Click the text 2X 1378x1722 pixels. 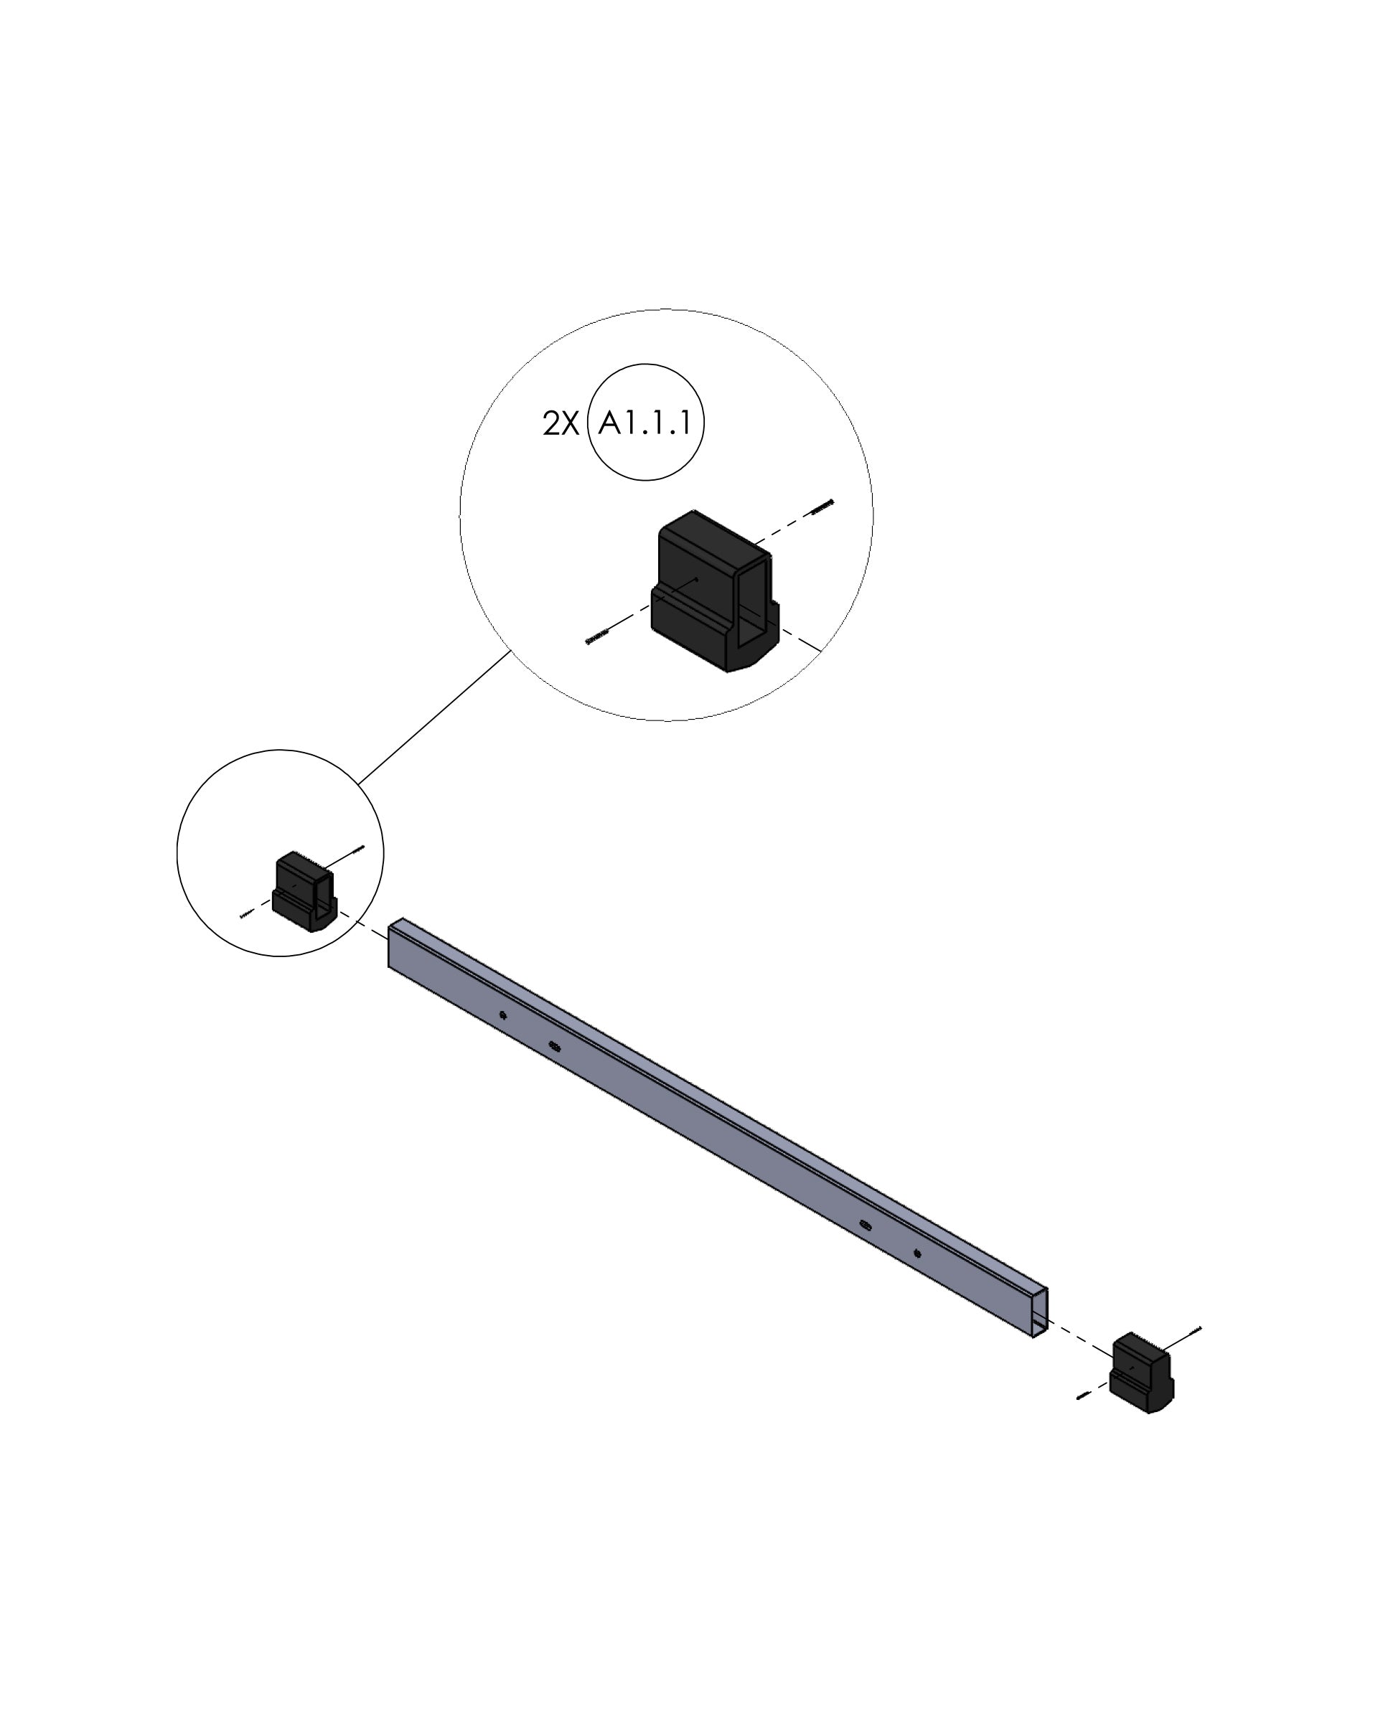[560, 424]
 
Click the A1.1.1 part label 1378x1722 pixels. [645, 423]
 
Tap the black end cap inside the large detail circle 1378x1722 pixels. [715, 591]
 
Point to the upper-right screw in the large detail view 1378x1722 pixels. [822, 506]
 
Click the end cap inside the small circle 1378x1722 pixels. [304, 891]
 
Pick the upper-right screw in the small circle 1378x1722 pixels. [359, 849]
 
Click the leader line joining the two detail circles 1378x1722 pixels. [434, 717]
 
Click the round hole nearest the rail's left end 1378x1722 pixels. [502, 1016]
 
